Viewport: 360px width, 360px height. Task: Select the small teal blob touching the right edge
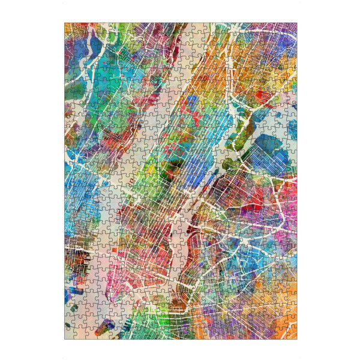292,129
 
